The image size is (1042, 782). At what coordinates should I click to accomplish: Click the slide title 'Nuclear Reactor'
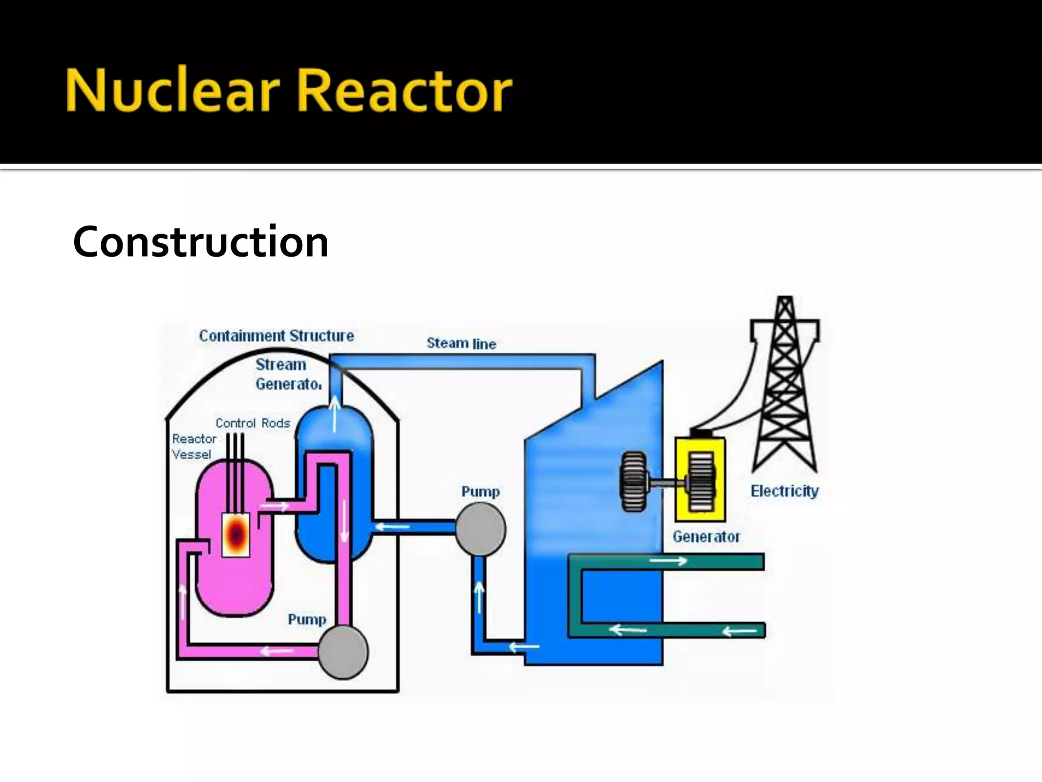(288, 91)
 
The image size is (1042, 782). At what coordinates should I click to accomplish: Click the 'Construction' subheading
(200, 242)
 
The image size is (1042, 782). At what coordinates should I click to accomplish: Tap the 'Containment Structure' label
(276, 336)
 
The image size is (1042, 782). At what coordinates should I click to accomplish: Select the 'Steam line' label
(461, 344)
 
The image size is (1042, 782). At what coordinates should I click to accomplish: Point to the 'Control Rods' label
(253, 423)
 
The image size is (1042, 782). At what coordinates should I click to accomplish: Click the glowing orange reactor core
(236, 534)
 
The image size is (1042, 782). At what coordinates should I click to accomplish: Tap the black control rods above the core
(235, 458)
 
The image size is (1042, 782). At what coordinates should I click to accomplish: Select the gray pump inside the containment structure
(342, 652)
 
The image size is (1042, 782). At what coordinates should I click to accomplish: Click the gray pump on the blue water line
(480, 529)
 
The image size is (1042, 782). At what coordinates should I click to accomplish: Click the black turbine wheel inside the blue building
(633, 481)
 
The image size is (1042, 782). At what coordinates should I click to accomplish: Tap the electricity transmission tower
(785, 387)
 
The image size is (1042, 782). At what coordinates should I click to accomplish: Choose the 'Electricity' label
(785, 491)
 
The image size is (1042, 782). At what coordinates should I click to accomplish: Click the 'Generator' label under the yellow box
(706, 537)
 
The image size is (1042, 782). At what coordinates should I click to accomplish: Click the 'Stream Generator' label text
(288, 374)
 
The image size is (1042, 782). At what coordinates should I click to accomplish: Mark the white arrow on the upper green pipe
(668, 561)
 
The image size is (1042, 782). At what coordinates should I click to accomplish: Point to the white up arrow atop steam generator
(335, 412)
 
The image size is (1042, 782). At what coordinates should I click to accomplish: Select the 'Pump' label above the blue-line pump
(480, 492)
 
